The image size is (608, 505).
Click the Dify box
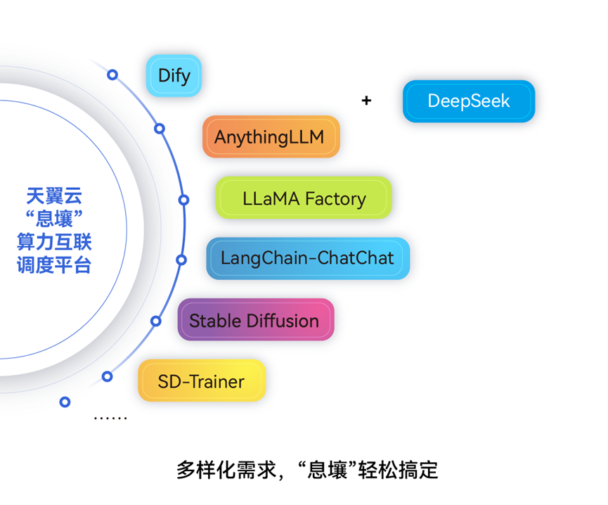[174, 75]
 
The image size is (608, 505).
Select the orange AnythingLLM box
[271, 136]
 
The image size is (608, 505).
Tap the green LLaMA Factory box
[304, 198]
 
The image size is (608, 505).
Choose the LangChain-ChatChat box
[307, 258]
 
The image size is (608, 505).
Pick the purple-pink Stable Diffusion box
[254, 320]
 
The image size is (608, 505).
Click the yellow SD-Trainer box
[201, 381]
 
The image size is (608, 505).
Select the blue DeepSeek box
[469, 101]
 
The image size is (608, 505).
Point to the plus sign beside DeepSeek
[366, 101]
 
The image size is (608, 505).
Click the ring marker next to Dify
[112, 74]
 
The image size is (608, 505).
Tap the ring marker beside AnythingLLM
[160, 129]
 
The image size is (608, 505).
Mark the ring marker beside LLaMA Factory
[183, 200]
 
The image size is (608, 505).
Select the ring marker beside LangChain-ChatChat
[181, 260]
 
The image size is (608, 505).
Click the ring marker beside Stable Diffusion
[156, 321]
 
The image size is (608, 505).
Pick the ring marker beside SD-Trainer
[107, 376]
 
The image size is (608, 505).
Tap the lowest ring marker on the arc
[65, 402]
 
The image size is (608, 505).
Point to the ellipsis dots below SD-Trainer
[110, 418]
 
